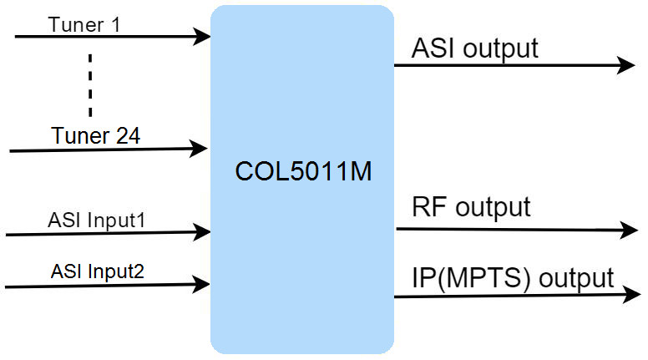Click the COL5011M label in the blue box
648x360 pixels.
click(303, 171)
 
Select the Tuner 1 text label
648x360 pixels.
click(84, 25)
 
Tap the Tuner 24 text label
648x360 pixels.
click(95, 135)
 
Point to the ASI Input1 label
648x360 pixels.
click(96, 221)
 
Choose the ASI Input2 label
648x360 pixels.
click(98, 271)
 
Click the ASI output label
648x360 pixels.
click(475, 49)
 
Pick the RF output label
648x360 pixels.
click(471, 207)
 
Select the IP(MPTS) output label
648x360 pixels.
click(513, 278)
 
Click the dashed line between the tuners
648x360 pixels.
click(90, 84)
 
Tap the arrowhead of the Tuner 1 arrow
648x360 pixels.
click(202, 37)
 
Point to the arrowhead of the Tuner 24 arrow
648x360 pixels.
click(199, 149)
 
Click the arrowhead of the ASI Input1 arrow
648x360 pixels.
click(202, 232)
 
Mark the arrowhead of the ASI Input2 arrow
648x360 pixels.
click(201, 284)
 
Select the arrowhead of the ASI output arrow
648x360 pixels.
click(626, 65)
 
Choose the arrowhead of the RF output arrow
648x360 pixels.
click(629, 230)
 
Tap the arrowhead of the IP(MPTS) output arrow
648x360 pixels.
click(631, 294)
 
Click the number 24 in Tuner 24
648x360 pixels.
click(128, 135)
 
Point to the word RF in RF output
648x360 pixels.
click(429, 206)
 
